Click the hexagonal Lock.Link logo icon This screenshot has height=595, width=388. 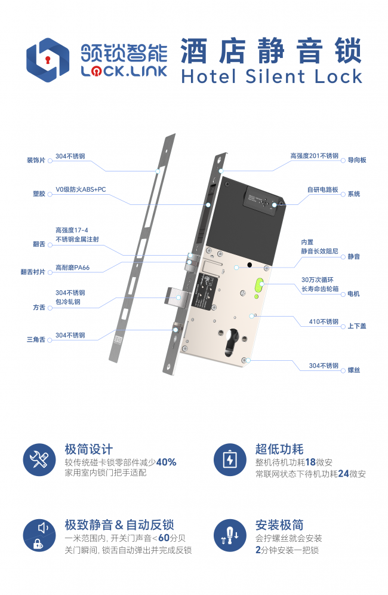(x=48, y=60)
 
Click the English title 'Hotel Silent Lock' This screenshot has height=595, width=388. (x=272, y=76)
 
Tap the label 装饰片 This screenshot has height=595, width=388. (x=36, y=160)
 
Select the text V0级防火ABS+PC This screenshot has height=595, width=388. (x=81, y=189)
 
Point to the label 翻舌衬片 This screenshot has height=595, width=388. (x=33, y=272)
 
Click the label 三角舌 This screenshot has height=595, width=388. (x=36, y=339)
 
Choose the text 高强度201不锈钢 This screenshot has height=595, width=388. (x=315, y=155)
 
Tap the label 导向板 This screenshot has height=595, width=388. (x=357, y=160)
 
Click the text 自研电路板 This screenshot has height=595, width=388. (x=323, y=189)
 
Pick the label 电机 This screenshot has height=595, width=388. (x=354, y=294)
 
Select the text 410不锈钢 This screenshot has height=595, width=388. (x=324, y=321)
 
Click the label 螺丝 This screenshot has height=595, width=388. (x=354, y=370)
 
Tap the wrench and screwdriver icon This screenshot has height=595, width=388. (x=39, y=460)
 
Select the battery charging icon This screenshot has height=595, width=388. (x=230, y=460)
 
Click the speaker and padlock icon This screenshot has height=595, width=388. (x=39, y=535)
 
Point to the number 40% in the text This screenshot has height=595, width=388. (x=166, y=462)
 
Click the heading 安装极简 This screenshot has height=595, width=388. (x=279, y=525)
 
